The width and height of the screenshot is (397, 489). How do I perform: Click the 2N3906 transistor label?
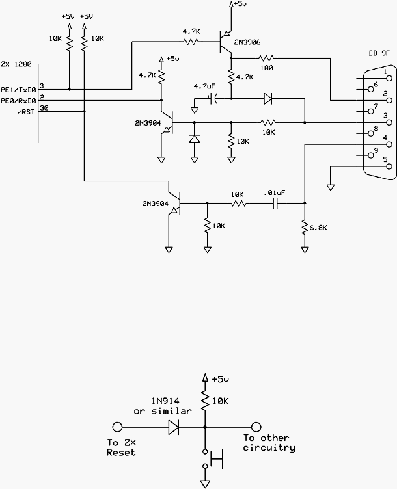click(247, 42)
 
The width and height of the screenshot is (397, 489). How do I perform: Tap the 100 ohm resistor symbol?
click(266, 58)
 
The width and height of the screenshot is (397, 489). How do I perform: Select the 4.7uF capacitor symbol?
click(214, 99)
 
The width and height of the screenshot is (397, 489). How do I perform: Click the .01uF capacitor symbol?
click(275, 204)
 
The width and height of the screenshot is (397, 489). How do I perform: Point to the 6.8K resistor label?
click(318, 228)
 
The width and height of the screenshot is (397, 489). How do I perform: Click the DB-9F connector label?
click(379, 53)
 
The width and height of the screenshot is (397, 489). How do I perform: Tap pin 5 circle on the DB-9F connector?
click(389, 166)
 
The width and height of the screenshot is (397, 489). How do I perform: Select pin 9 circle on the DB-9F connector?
click(371, 155)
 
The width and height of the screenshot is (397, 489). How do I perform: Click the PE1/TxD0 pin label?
click(18, 90)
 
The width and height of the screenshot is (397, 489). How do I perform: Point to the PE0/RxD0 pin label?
click(18, 101)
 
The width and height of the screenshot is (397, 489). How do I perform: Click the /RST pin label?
click(27, 112)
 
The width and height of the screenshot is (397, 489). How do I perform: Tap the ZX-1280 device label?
click(16, 64)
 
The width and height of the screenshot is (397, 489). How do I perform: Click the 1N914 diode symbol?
click(174, 427)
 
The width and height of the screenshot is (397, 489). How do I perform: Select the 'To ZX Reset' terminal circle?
click(117, 427)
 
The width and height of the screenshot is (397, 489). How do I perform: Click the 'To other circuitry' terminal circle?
click(256, 427)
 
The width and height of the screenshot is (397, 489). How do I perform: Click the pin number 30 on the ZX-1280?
click(44, 108)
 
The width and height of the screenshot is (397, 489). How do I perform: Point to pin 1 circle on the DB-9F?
click(389, 79)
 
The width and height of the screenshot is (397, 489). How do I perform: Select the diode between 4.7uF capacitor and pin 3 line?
click(268, 99)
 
